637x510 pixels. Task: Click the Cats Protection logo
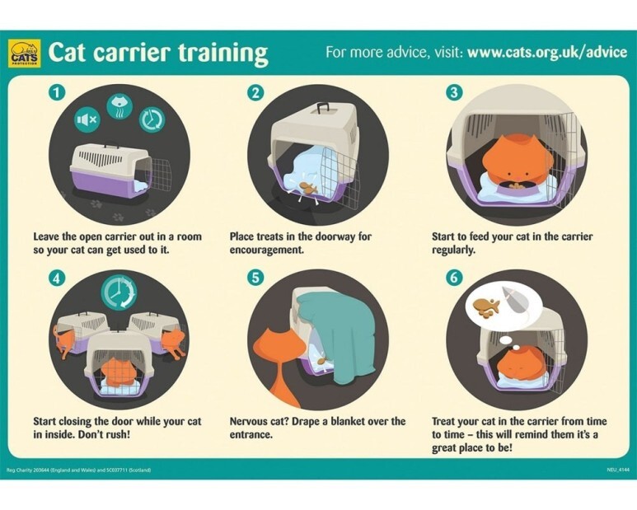click(25, 53)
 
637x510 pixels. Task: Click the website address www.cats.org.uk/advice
click(547, 53)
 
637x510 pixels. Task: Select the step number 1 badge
click(57, 92)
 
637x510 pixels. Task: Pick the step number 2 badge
click(255, 92)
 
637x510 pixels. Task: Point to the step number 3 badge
click(454, 92)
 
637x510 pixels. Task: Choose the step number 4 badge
click(57, 278)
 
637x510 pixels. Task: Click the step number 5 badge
click(255, 278)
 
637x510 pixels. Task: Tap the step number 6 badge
click(454, 278)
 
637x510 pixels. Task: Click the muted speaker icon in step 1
click(87, 119)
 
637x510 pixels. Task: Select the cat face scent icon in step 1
click(119, 106)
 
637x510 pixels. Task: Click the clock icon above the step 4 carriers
click(119, 292)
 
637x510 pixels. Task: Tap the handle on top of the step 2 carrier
click(323, 108)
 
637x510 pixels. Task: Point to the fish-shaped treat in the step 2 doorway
click(308, 188)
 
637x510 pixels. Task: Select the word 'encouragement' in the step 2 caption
click(267, 250)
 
